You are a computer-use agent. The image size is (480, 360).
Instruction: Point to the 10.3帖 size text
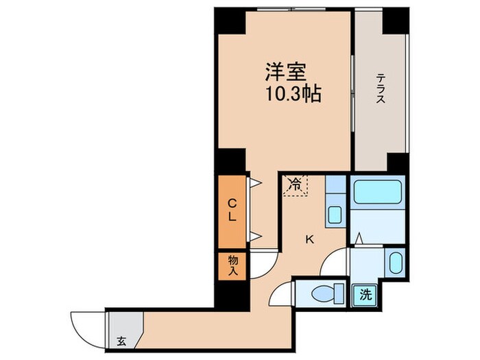(x=293, y=94)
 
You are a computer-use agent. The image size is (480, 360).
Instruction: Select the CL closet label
(x=232, y=210)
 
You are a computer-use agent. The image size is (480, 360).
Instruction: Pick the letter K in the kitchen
(x=309, y=239)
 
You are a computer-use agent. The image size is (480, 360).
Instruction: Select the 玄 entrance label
(x=121, y=340)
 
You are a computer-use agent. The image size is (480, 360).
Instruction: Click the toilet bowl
(x=322, y=294)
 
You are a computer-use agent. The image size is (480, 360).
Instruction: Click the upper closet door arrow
(x=254, y=184)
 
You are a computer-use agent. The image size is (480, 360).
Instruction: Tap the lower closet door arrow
(x=254, y=237)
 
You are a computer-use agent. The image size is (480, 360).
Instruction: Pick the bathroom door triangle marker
(x=359, y=239)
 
